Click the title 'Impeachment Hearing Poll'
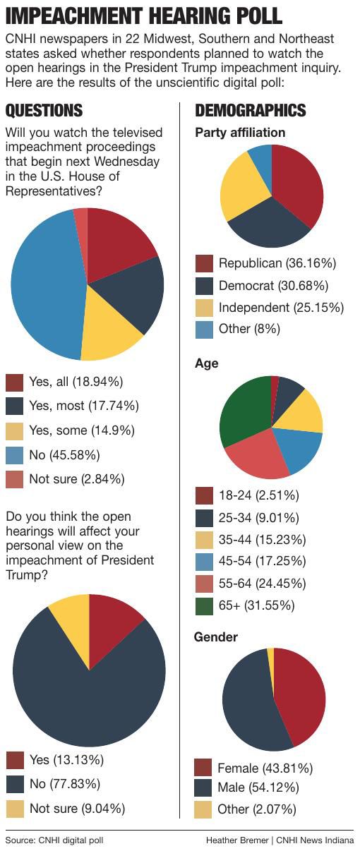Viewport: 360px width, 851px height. coord(144,16)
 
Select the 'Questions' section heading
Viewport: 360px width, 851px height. coord(44,111)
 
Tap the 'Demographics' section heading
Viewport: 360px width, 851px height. coord(250,111)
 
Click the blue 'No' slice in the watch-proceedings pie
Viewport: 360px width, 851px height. coord(42,282)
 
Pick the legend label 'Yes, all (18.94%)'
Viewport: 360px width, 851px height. coord(76,382)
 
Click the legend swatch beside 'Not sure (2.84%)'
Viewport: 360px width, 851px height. coord(15,479)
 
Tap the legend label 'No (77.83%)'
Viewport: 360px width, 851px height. coord(65,784)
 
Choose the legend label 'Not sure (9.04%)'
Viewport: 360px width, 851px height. coord(77,808)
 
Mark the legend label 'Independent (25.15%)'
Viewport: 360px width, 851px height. coord(281,308)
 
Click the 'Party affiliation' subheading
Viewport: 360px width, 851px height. coord(240,133)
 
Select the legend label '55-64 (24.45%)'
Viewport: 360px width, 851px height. coord(262,584)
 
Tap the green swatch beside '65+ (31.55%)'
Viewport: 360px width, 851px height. coord(204,605)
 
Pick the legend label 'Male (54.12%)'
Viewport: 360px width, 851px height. coord(258,788)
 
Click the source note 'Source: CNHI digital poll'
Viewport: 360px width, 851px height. coord(59,840)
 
